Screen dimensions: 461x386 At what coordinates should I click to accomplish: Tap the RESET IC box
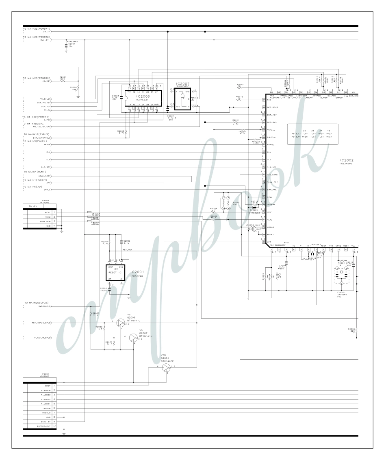(116, 272)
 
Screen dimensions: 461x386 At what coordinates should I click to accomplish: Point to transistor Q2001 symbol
(166, 367)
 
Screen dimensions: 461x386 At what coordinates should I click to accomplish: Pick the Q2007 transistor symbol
(134, 338)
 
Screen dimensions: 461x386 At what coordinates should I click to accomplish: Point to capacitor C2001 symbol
(67, 46)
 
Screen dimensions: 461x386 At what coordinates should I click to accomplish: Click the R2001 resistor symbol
(63, 81)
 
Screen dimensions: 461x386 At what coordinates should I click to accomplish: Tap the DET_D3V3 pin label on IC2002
(273, 107)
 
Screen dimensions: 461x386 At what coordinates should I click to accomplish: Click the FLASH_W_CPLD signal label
(43, 338)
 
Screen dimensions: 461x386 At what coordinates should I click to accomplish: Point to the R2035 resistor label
(351, 329)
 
